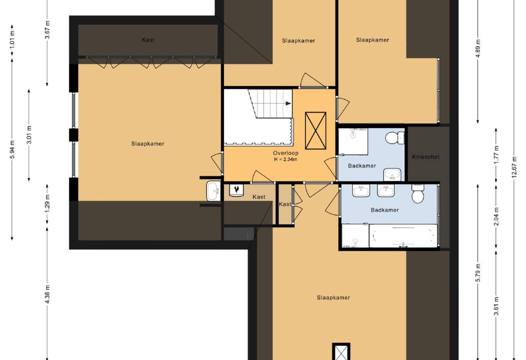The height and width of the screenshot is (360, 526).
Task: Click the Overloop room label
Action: click(286, 153)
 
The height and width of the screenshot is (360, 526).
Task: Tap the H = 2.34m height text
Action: click(286, 160)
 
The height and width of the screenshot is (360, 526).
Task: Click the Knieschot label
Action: click(426, 157)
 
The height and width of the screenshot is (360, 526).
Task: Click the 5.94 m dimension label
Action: click(12, 149)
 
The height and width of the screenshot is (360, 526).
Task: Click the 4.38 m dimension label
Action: click(47, 294)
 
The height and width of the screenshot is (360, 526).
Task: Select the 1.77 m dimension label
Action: click(496, 155)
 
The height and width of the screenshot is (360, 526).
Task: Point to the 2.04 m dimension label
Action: click(496, 216)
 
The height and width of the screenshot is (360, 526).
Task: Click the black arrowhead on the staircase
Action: click(288, 104)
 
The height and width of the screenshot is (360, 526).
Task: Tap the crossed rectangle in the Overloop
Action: click(316, 131)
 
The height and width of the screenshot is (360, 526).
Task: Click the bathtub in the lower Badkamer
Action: click(403, 236)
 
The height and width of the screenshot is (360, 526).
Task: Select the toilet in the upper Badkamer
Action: click(395, 138)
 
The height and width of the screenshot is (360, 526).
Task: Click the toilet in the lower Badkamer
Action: click(418, 194)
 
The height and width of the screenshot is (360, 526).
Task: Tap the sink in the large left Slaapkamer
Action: click(214, 191)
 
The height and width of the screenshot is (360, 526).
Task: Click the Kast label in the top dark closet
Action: click(148, 40)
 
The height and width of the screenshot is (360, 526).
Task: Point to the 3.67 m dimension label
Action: click(47, 30)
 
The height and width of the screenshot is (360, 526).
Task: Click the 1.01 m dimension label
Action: click(12, 39)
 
